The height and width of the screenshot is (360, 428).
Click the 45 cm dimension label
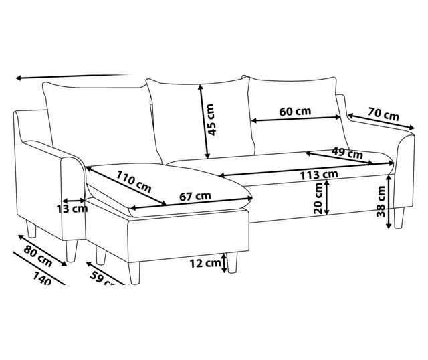(x=211, y=120)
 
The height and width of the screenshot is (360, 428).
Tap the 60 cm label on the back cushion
(x=295, y=111)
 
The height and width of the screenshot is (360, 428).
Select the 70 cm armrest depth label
(x=383, y=114)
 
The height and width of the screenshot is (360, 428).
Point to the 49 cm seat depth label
(x=346, y=153)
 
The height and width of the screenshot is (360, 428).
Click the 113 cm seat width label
(x=318, y=175)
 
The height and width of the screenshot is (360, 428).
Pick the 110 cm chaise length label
(x=134, y=180)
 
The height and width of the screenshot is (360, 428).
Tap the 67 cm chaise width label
(x=195, y=197)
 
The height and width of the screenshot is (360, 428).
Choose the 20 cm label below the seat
(x=318, y=198)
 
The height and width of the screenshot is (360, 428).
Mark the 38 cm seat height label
(x=381, y=201)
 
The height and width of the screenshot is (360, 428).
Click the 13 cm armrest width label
(x=72, y=208)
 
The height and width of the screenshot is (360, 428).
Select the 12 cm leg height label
(x=205, y=263)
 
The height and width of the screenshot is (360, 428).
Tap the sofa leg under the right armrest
(x=400, y=217)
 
